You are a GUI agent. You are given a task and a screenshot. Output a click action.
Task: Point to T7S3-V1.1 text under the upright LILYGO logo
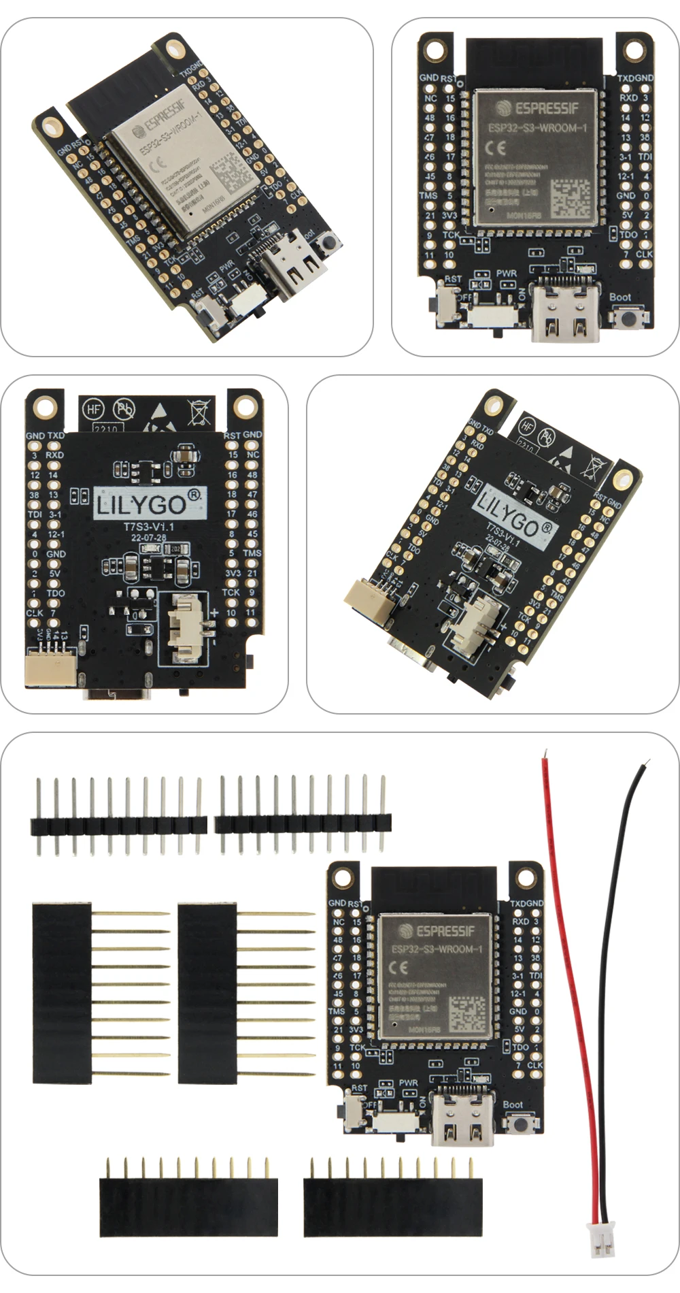(x=148, y=527)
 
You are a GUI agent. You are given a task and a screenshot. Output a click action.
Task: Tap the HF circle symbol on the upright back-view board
(x=93, y=409)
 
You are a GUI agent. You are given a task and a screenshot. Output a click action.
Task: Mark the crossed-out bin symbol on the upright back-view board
(x=199, y=412)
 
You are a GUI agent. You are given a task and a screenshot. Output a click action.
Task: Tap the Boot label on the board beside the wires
(x=513, y=1104)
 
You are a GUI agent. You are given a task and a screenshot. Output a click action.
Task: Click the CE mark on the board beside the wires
(x=398, y=967)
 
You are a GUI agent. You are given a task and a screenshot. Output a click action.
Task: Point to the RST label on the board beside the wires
(x=359, y=1087)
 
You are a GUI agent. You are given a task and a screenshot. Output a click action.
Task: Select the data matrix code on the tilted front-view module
(x=233, y=174)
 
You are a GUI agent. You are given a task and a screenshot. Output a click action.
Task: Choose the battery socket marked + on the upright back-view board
(x=184, y=628)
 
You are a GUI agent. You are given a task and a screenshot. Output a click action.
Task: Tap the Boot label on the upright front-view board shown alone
(x=619, y=297)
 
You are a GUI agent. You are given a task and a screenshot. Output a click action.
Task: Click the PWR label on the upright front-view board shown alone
(x=506, y=273)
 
